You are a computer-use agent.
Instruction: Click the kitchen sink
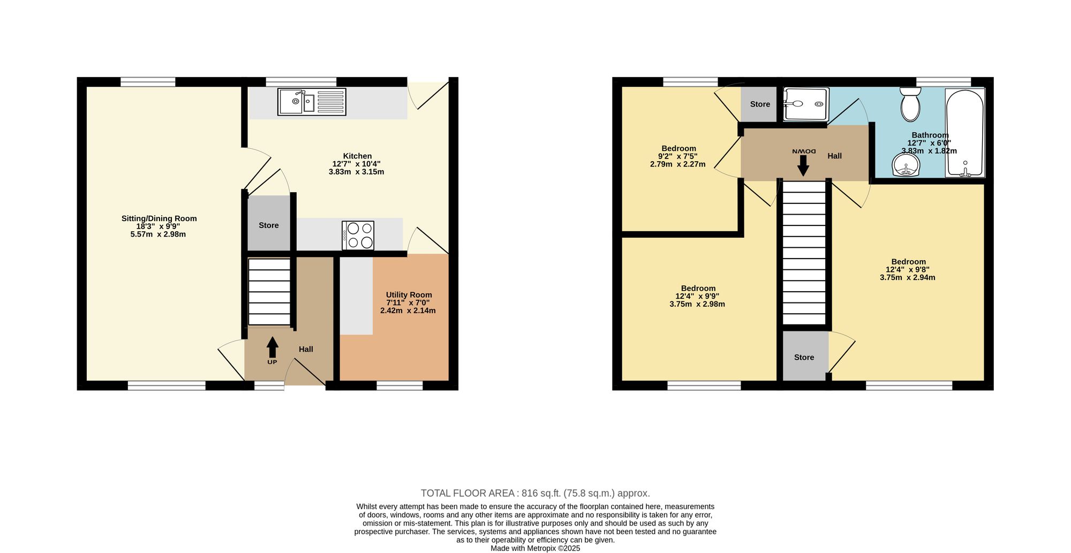click(312, 102)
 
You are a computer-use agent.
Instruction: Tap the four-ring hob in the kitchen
click(358, 236)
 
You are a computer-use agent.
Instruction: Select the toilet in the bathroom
click(910, 104)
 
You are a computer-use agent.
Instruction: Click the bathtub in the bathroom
click(965, 133)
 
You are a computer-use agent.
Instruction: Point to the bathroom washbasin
click(906, 165)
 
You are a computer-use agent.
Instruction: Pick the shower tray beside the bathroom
click(806, 104)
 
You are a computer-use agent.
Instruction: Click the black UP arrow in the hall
click(273, 347)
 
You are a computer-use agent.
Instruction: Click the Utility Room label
click(409, 295)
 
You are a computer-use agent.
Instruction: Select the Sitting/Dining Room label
click(159, 218)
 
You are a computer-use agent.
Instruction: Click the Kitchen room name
click(357, 156)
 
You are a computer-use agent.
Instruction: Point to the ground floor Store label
click(269, 225)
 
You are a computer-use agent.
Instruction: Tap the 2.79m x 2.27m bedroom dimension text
click(678, 164)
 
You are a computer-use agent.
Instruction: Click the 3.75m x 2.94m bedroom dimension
click(908, 277)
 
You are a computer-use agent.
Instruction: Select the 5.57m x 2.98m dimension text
click(158, 234)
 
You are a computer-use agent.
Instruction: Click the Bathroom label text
click(930, 135)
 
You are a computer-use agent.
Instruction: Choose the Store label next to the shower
click(760, 104)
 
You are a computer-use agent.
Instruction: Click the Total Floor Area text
click(535, 494)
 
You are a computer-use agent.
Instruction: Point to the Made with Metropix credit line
click(535, 548)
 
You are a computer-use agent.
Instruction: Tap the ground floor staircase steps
click(269, 292)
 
